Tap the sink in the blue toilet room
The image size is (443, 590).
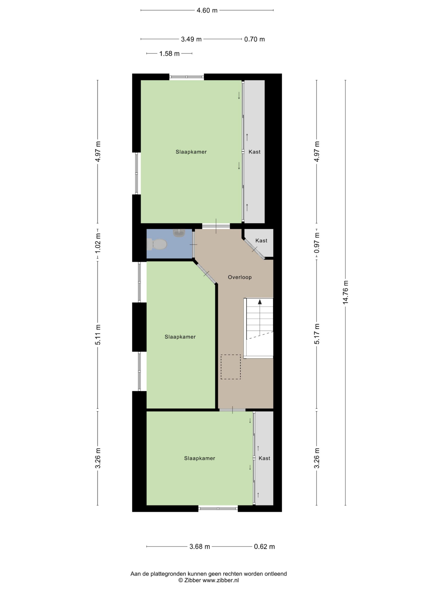pyautogui.click(x=179, y=233)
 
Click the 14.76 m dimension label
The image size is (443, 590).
pyautogui.click(x=346, y=292)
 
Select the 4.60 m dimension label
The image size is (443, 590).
pyautogui.click(x=207, y=10)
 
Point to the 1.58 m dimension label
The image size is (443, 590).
pyautogui.click(x=169, y=54)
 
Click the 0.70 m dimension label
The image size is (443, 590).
pyautogui.click(x=254, y=39)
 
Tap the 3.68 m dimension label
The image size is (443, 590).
pyautogui.click(x=200, y=546)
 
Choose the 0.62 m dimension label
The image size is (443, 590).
pyautogui.click(x=264, y=546)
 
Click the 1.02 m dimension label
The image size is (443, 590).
pyautogui.click(x=98, y=243)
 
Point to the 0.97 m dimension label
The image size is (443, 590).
pyautogui.click(x=317, y=243)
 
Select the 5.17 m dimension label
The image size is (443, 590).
pyautogui.click(x=317, y=334)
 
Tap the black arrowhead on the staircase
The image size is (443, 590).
pyautogui.click(x=260, y=302)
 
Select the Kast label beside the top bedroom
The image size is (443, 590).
pyautogui.click(x=254, y=152)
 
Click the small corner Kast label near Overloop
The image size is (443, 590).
pyautogui.click(x=261, y=241)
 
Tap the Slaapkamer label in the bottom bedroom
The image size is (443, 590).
pyautogui.click(x=200, y=458)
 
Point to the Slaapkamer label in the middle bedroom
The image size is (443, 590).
pyautogui.click(x=180, y=337)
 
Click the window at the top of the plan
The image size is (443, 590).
pyautogui.click(x=187, y=77)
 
